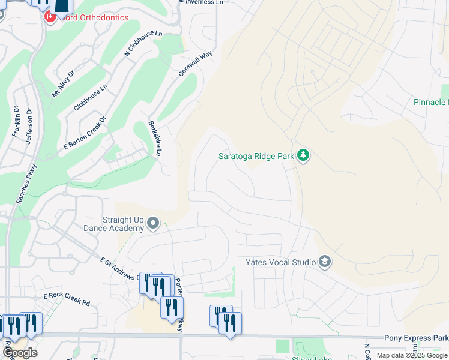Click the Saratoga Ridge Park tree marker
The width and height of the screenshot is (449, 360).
coord(304,156)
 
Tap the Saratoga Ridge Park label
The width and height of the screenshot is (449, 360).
coord(256,157)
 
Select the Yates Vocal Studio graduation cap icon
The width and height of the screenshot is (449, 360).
coord(325,262)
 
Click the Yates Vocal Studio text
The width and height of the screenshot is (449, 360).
coord(280,263)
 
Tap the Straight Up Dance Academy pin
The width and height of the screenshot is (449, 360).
coord(153,224)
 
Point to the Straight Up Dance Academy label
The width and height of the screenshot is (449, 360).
coord(123,224)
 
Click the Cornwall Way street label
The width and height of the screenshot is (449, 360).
coord(196,64)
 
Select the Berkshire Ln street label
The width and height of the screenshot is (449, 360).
coord(154,139)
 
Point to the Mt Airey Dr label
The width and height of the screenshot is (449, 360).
coord(63,84)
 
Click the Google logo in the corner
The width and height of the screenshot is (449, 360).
coord(20,353)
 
